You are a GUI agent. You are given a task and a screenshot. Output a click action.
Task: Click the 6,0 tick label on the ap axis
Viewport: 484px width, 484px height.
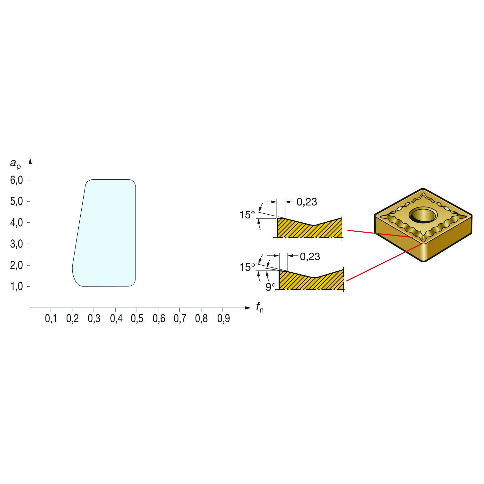16,180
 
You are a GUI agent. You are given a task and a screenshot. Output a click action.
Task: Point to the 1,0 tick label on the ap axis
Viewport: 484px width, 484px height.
16,287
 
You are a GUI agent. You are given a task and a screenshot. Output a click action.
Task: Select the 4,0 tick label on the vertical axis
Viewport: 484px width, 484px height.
16,223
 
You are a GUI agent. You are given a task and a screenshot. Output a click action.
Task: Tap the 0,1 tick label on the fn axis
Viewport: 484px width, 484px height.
51,319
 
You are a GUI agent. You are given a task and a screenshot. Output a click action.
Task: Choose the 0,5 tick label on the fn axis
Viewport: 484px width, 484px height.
137,319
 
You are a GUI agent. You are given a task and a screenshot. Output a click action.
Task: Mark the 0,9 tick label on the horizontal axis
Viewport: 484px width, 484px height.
223,319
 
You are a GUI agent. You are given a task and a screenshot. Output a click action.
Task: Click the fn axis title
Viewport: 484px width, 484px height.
260,307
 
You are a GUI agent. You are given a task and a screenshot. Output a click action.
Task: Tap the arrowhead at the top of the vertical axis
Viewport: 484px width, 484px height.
30,161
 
